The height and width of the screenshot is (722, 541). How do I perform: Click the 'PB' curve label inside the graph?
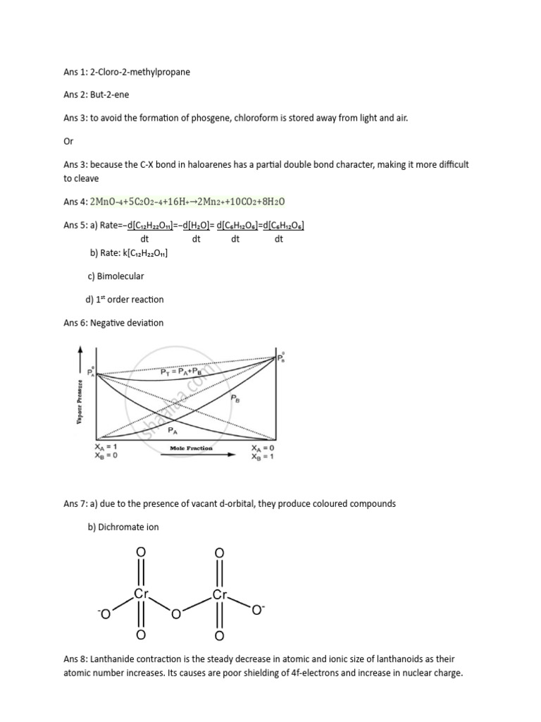(x=235, y=398)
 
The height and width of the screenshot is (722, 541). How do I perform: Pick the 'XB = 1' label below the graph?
(x=263, y=456)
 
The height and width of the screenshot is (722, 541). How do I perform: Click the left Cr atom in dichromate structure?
(x=141, y=595)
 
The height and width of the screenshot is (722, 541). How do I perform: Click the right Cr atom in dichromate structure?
(x=220, y=595)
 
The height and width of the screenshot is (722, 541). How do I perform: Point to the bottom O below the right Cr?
(x=219, y=636)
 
